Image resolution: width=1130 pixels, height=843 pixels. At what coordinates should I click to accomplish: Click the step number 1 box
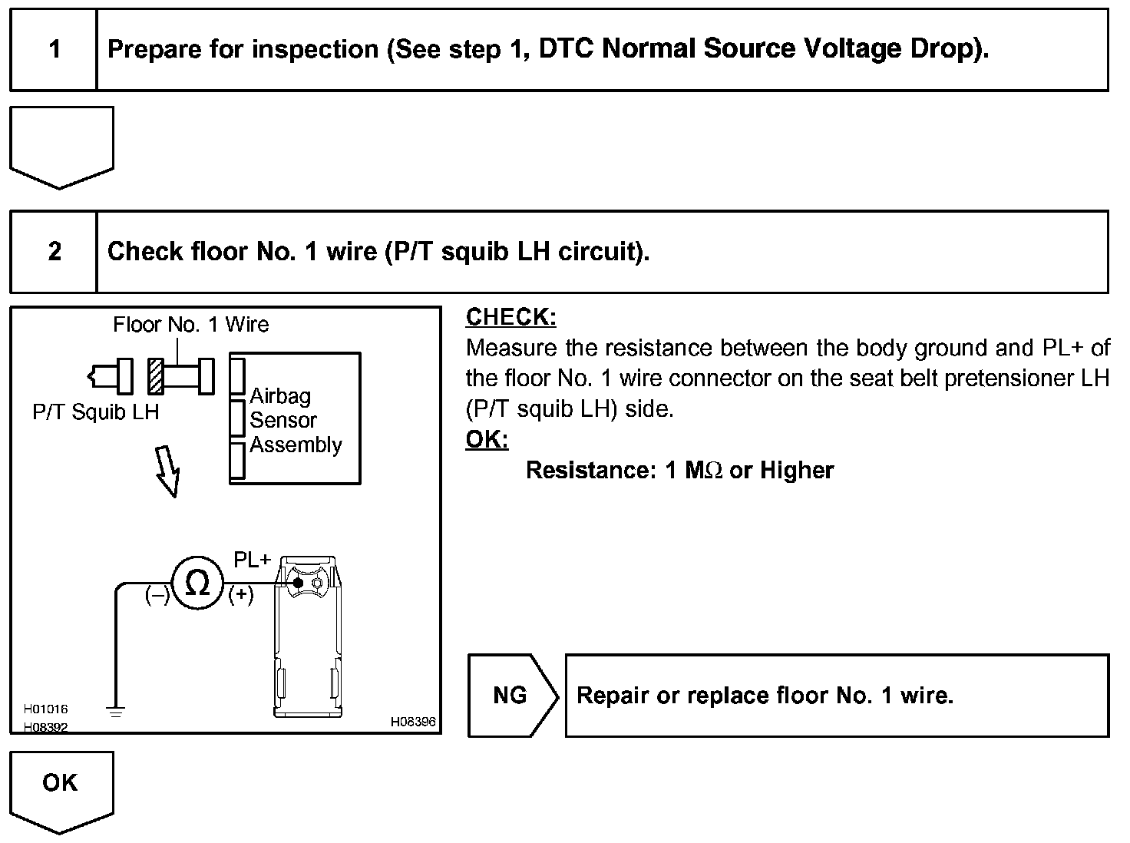(x=54, y=50)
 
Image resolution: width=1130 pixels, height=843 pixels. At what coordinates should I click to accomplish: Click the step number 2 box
(x=54, y=252)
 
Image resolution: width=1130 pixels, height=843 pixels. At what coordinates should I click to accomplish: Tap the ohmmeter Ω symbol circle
(x=197, y=583)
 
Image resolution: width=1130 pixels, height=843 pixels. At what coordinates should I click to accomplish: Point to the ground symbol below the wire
(x=116, y=712)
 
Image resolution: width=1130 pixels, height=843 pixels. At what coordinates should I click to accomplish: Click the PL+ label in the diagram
(x=253, y=560)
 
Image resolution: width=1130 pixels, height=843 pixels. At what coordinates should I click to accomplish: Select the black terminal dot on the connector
(x=298, y=583)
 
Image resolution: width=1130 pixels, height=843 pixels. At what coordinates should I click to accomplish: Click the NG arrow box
(x=512, y=696)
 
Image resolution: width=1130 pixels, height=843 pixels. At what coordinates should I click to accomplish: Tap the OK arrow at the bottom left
(x=61, y=788)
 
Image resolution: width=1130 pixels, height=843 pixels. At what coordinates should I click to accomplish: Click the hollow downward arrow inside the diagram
(x=168, y=471)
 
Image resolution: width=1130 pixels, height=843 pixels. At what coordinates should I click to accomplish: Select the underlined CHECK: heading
(x=511, y=317)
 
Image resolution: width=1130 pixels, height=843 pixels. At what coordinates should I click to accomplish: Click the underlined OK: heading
(x=487, y=440)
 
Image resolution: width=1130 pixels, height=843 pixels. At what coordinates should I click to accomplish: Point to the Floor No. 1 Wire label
(x=190, y=325)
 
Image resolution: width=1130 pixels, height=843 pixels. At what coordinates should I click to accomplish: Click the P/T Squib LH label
(x=95, y=412)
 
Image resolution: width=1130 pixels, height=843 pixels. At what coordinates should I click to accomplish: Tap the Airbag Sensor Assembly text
(x=294, y=420)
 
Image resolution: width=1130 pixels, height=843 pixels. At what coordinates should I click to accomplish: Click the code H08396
(x=413, y=722)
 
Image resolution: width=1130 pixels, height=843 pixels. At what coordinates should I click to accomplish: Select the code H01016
(x=45, y=709)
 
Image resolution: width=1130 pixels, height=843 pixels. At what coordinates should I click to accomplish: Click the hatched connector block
(x=157, y=376)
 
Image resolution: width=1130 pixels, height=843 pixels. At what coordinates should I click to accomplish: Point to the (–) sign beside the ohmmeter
(x=157, y=595)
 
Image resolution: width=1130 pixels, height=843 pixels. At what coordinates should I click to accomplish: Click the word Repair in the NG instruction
(x=612, y=696)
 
